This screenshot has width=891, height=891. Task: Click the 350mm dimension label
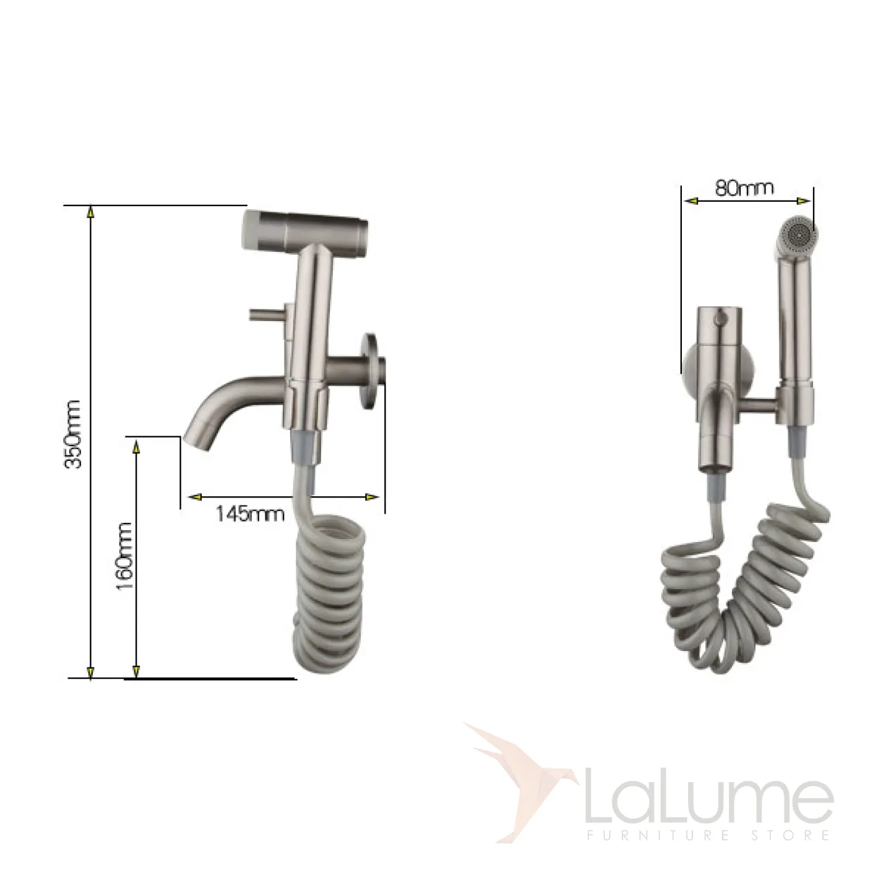point(73,435)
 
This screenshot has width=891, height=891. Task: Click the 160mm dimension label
point(124,556)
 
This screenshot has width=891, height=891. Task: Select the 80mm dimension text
point(744,187)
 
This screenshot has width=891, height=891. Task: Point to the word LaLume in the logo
point(709,795)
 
